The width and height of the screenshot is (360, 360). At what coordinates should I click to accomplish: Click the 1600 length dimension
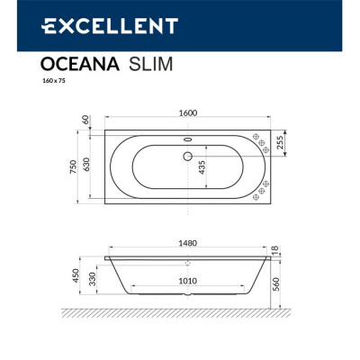(x=188, y=113)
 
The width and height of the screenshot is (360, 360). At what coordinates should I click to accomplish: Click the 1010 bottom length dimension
(x=186, y=280)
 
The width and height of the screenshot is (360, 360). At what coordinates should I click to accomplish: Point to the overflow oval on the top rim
(x=188, y=139)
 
